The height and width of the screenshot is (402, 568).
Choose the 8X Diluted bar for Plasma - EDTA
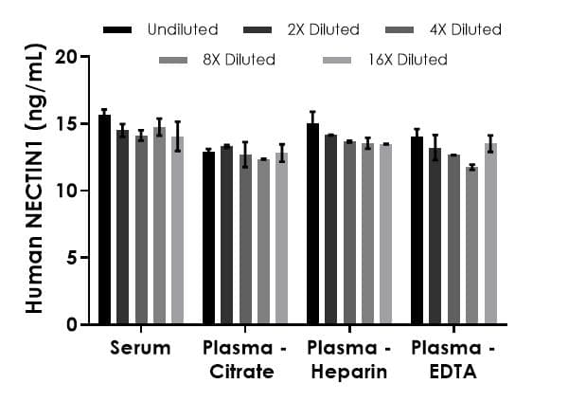pyautogui.click(x=471, y=246)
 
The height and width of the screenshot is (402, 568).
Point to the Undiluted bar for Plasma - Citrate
pyautogui.click(x=208, y=237)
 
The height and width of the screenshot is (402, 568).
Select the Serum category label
pyautogui.click(x=140, y=348)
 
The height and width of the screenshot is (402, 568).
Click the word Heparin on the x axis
pyautogui.click(x=348, y=372)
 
